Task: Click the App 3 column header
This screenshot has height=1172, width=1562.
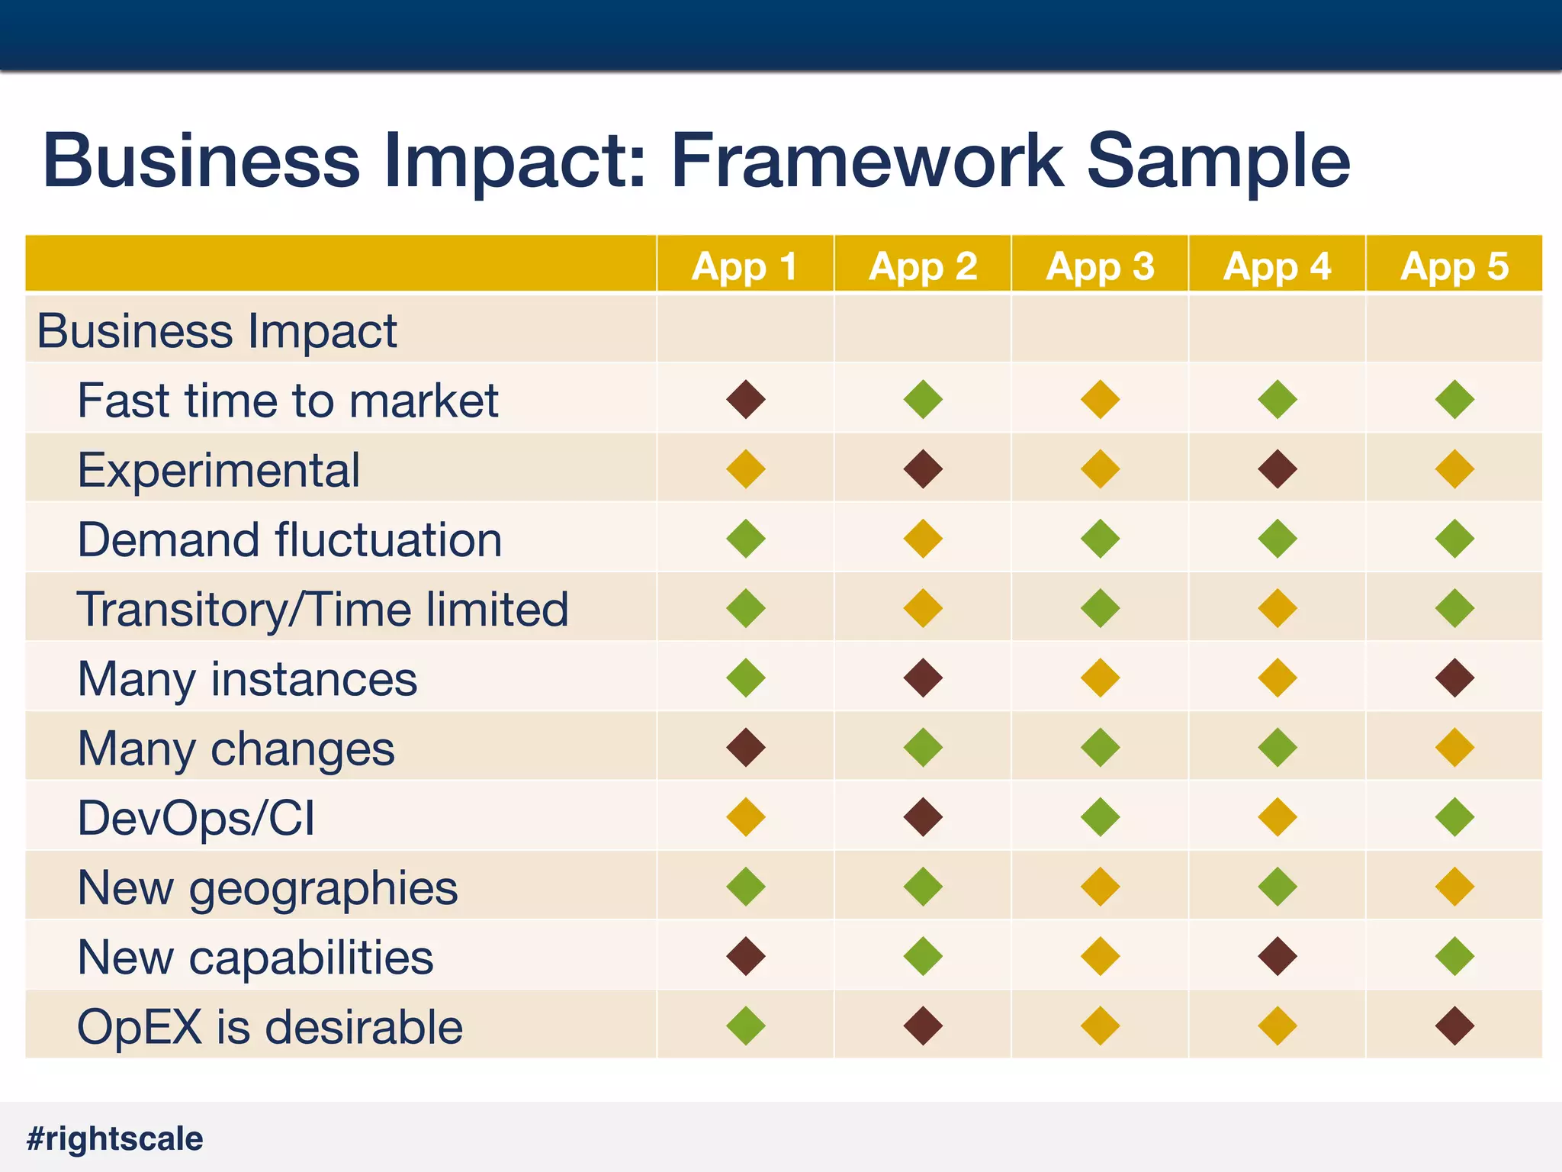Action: [x=1100, y=266]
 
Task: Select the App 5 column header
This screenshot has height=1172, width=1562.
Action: [x=1454, y=266]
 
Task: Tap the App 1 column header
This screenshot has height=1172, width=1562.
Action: [x=744, y=266]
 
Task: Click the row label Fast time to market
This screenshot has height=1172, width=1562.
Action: [x=288, y=401]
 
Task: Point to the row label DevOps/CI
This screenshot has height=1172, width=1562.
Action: [x=196, y=818]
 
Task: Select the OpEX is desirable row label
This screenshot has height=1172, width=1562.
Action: [x=270, y=1027]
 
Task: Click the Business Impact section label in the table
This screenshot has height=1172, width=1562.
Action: [x=217, y=331]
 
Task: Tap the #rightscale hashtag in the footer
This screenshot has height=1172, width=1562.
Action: [x=115, y=1138]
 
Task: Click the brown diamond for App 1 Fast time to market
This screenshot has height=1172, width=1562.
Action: [x=746, y=400]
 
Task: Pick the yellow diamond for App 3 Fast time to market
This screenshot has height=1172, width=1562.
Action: [x=1100, y=400]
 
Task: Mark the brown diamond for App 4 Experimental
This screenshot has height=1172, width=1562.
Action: [x=1278, y=469]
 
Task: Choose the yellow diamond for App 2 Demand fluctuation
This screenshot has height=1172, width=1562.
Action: [x=923, y=539]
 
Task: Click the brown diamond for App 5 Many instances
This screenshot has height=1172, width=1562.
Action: [x=1454, y=678]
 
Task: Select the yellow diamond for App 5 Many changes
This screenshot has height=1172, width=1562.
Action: [x=1454, y=747]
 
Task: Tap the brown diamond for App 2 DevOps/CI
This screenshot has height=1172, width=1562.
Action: [x=923, y=817]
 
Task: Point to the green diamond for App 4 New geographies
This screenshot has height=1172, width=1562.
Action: [x=1278, y=887]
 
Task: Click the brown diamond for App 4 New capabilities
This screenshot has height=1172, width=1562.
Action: [x=1278, y=956]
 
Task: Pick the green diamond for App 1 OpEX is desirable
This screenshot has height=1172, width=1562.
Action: [x=746, y=1025]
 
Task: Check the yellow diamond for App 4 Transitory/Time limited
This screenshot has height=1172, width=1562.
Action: [x=1278, y=608]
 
